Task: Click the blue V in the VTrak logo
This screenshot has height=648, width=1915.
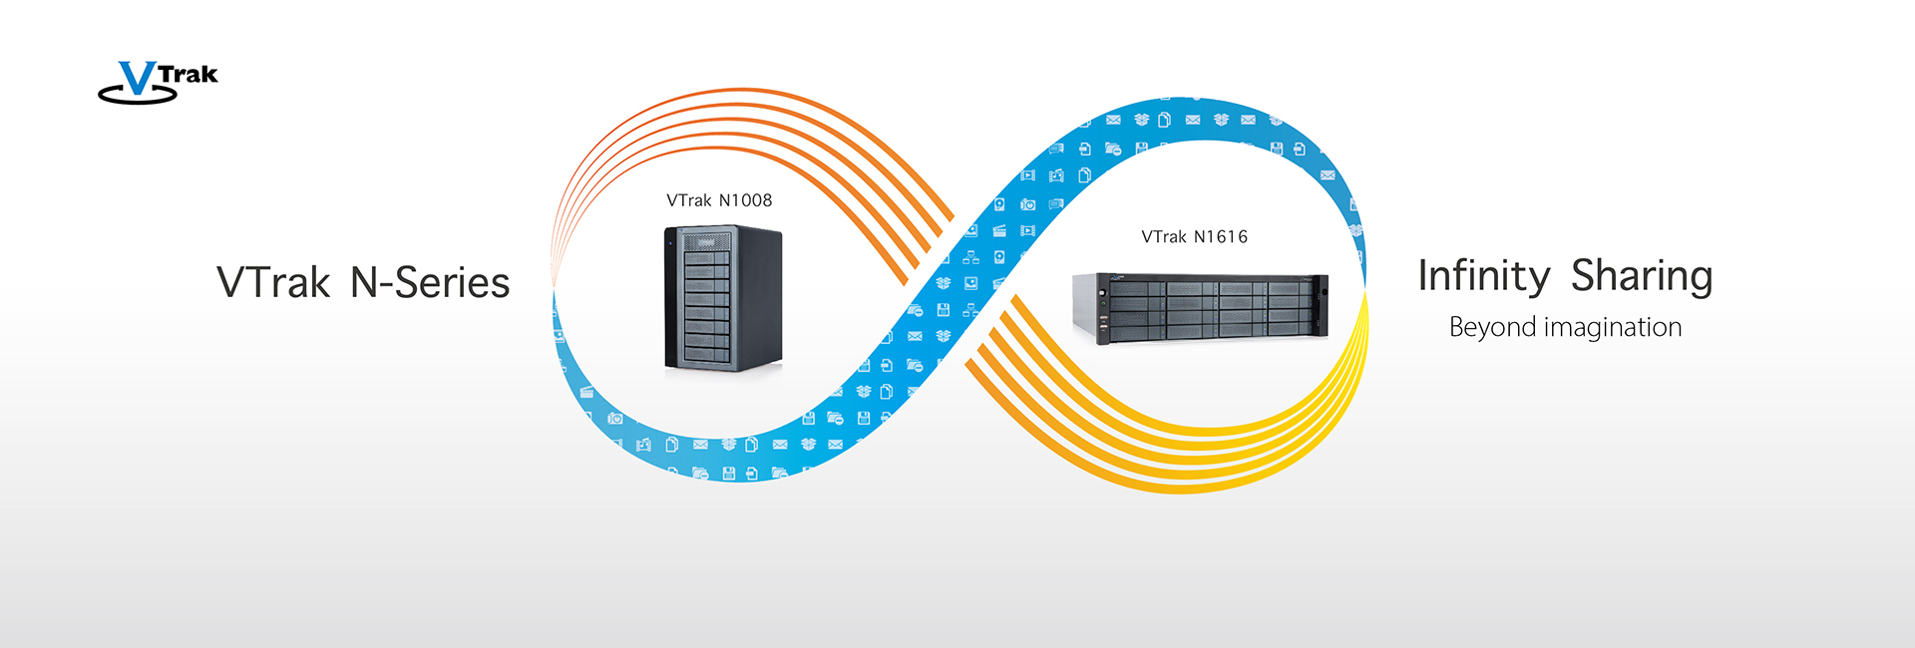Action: pos(138,79)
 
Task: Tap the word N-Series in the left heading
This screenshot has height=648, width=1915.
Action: pos(430,283)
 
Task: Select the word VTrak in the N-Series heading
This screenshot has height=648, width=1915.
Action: pos(273,283)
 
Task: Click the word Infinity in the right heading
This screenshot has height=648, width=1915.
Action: pos(1484,276)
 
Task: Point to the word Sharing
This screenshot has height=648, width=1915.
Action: pos(1642,276)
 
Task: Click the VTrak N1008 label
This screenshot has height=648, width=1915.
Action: pos(719,200)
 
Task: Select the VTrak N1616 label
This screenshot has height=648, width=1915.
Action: pos(1194,237)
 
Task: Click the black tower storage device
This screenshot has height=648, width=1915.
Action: pos(723,299)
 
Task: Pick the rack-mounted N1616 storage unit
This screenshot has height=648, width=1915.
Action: pos(1200,307)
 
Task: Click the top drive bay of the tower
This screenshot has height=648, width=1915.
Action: pos(707,242)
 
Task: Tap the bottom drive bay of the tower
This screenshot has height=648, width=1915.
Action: pos(707,354)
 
